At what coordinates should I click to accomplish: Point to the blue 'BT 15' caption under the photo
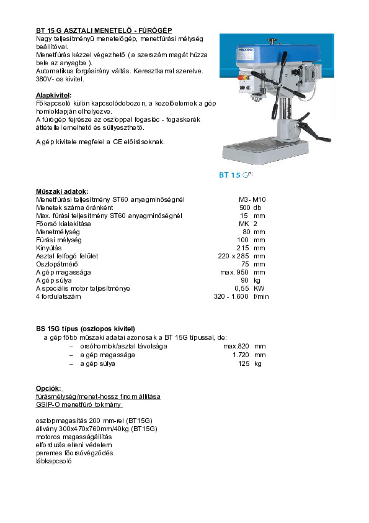pyautogui.click(x=229, y=175)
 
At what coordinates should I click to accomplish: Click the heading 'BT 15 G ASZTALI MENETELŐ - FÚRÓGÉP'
pyautogui.click(x=104, y=30)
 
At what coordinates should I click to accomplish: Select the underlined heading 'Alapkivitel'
pyautogui.click(x=53, y=95)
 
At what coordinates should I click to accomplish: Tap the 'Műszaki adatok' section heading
pyautogui.click(x=62, y=191)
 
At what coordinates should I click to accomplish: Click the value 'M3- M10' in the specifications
pyautogui.click(x=252, y=199)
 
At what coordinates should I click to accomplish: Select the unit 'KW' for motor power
pyautogui.click(x=259, y=288)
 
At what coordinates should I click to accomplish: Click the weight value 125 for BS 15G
pyautogui.click(x=243, y=363)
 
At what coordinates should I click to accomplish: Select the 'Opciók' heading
pyautogui.click(x=49, y=388)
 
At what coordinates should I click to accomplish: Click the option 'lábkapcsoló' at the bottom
pyautogui.click(x=54, y=461)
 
